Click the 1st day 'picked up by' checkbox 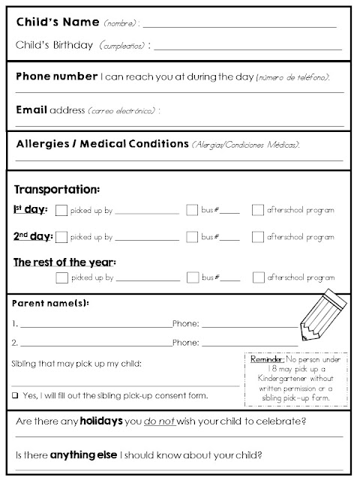61,211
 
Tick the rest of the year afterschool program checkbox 258,277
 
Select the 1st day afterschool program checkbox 258,211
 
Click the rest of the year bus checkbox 192,277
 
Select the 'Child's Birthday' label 54,46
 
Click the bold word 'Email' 30,109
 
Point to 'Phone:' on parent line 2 185,343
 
